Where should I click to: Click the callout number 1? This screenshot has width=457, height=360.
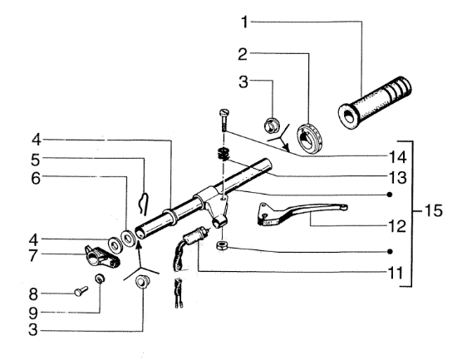(245, 22)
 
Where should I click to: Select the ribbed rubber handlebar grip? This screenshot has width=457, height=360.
(375, 103)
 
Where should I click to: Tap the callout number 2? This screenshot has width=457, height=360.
(243, 55)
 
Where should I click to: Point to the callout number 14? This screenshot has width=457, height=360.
(397, 157)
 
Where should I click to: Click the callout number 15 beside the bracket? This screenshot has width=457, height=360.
(434, 210)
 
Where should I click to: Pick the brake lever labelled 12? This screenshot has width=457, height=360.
(302, 214)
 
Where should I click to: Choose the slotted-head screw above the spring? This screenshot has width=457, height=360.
(224, 120)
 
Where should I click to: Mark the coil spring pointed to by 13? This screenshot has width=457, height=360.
(224, 154)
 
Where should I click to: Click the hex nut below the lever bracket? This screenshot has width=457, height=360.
(222, 245)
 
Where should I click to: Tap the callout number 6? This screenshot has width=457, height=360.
(36, 178)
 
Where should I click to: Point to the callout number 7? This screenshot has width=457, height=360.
(33, 256)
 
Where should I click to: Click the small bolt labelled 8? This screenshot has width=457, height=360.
(81, 291)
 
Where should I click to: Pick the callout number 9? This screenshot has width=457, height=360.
(33, 313)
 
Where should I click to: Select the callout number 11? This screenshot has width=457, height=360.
(396, 273)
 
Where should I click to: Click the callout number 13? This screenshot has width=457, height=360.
(397, 178)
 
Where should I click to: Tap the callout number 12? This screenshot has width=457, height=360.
(397, 226)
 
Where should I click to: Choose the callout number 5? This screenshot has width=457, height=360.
(35, 160)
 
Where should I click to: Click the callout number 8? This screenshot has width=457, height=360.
(33, 294)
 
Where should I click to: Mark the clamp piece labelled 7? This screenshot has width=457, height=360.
(101, 257)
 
